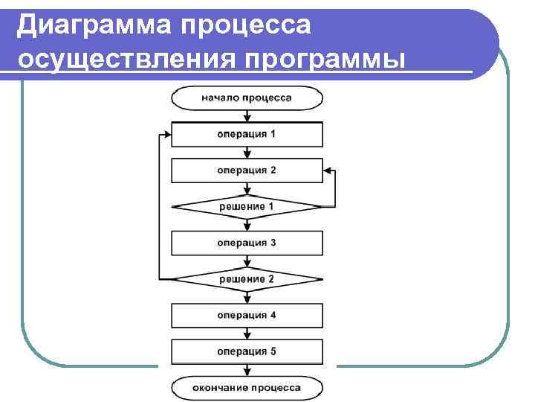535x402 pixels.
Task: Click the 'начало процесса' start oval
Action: coord(247,98)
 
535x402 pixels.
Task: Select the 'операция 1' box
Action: coord(247,134)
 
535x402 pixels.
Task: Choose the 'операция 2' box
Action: coord(247,170)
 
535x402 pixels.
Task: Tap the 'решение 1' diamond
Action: coord(247,205)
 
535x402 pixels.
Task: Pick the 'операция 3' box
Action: coord(247,243)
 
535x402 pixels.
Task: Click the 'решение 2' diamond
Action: coord(247,279)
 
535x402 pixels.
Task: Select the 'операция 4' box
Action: coord(247,315)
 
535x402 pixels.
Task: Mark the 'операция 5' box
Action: coord(247,351)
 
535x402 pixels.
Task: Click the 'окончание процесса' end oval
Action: coord(247,387)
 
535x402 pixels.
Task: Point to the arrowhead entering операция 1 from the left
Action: coord(166,134)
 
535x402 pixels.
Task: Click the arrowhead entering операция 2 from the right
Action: coord(327,170)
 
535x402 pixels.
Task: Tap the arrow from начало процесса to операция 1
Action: coord(247,115)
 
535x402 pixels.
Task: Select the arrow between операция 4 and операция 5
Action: coord(247,334)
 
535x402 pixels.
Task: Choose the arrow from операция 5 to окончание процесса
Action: coord(247,370)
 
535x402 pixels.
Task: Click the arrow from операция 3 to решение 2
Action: coord(247,261)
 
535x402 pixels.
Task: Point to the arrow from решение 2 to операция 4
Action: coord(247,297)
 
